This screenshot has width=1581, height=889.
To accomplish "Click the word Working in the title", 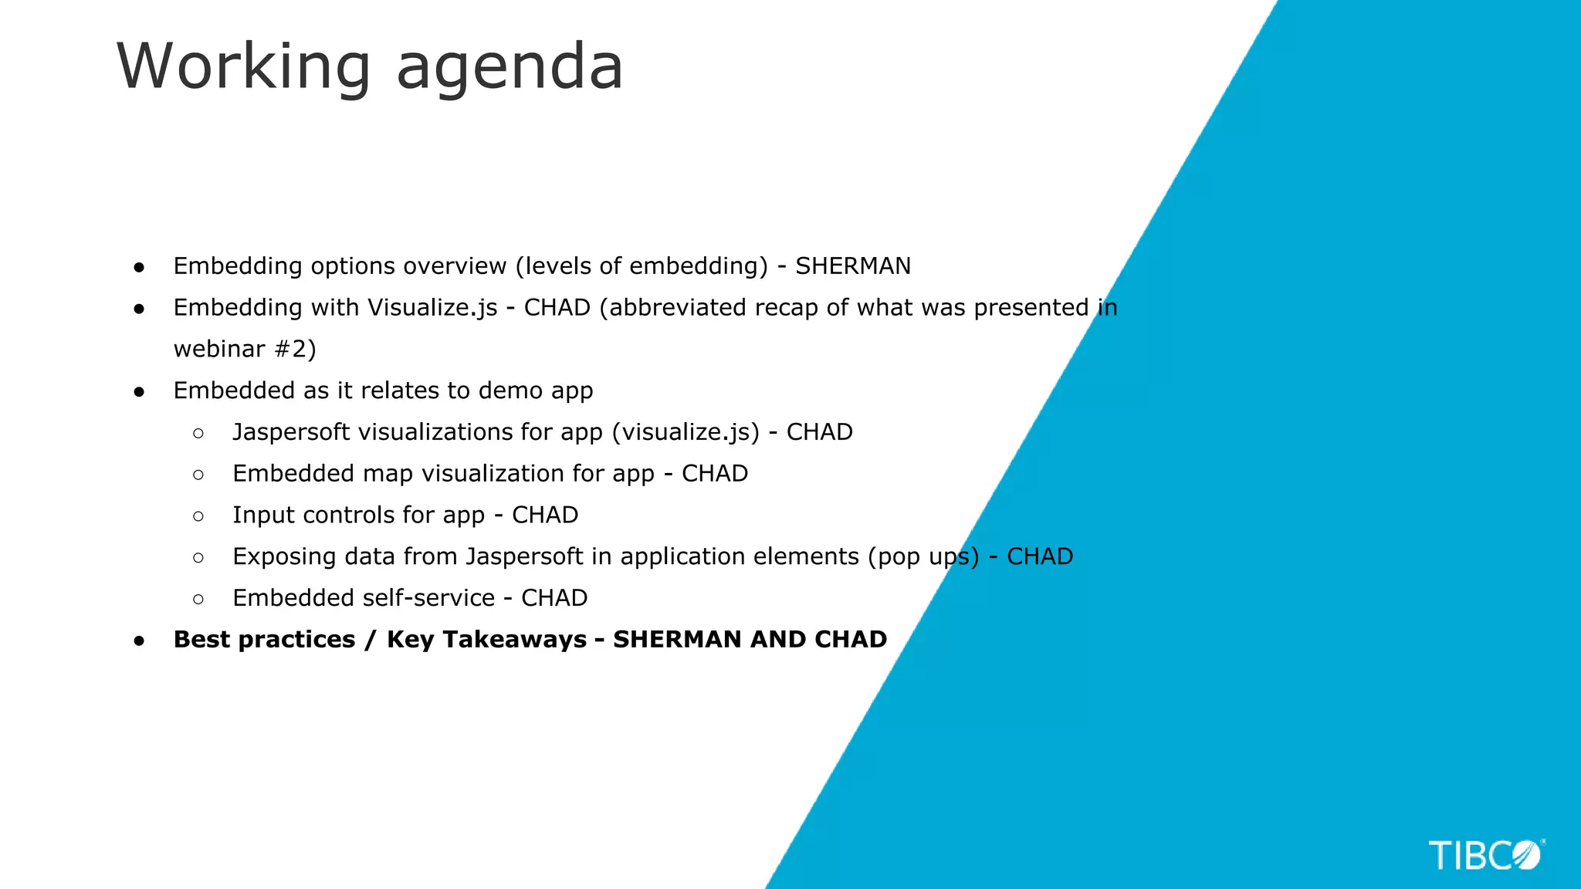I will [x=244, y=68].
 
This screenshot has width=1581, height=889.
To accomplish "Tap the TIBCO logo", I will [x=1486, y=855].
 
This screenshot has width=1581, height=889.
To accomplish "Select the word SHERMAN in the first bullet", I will [x=853, y=266].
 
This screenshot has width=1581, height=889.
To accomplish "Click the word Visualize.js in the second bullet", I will [x=432, y=308].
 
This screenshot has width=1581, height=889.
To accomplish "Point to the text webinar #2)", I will [x=245, y=349].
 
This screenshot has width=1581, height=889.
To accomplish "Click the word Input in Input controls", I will [x=263, y=515].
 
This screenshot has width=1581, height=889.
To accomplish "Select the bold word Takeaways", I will [x=486, y=640].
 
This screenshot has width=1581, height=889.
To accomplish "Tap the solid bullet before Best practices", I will [x=139, y=641].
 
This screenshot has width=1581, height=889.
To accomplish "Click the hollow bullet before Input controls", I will [x=198, y=516].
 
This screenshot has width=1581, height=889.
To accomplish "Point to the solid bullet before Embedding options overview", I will [x=139, y=267].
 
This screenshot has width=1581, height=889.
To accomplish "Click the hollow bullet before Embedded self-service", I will [x=198, y=599].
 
